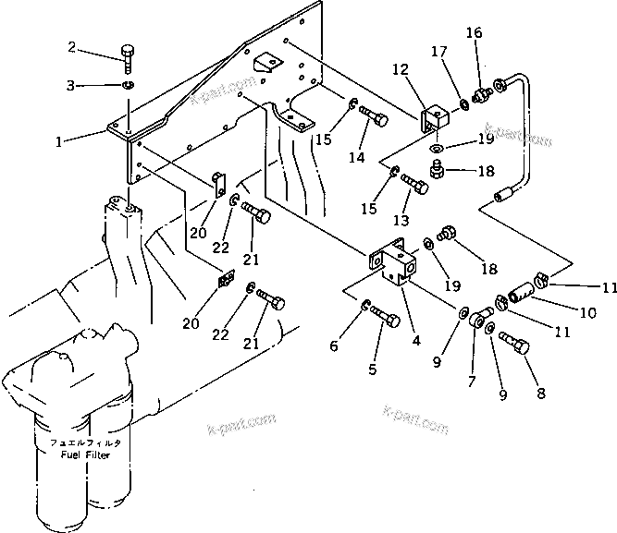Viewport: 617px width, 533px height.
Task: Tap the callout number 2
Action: pyautogui.click(x=73, y=47)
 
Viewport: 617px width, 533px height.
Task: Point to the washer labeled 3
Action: pyautogui.click(x=127, y=87)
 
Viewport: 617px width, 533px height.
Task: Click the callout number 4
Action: pyautogui.click(x=416, y=340)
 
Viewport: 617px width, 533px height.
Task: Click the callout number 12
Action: pyautogui.click(x=400, y=69)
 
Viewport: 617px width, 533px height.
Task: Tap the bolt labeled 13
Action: pyautogui.click(x=416, y=188)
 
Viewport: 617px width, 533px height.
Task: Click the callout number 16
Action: pyautogui.click(x=474, y=34)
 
